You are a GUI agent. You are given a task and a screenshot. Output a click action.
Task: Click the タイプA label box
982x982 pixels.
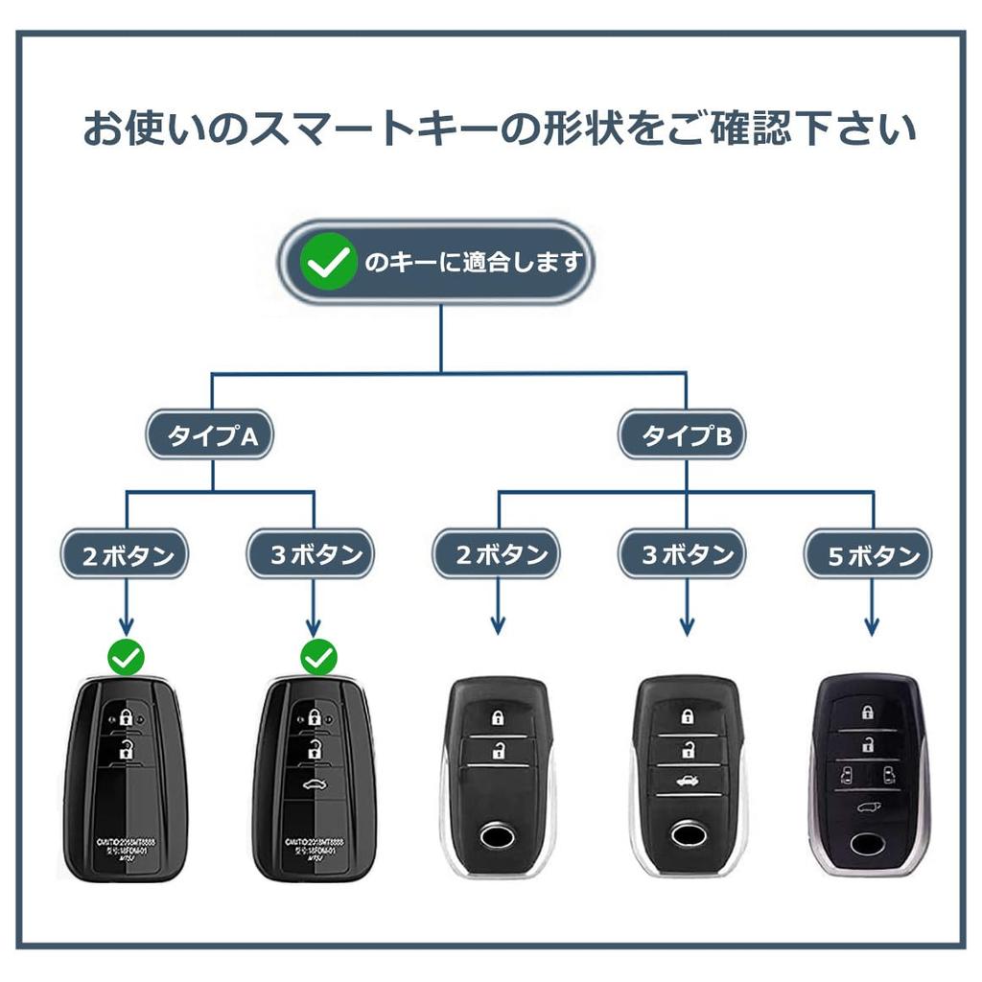coord(208,437)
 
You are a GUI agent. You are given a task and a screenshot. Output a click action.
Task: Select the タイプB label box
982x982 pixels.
coord(681,437)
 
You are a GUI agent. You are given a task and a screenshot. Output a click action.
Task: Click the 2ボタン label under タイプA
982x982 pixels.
coord(125,555)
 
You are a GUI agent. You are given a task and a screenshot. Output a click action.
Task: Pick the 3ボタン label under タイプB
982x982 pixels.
coord(682,555)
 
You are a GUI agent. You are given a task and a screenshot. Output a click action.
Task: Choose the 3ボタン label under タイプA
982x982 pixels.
coord(311,555)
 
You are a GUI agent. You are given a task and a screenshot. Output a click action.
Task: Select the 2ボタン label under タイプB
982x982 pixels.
coord(496,555)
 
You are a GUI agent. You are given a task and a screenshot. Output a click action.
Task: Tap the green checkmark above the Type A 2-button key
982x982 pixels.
coord(126,658)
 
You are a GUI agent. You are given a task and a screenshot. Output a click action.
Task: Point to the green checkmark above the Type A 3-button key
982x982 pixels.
coord(318,658)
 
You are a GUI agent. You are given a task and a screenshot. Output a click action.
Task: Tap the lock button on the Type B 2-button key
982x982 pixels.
coord(498,718)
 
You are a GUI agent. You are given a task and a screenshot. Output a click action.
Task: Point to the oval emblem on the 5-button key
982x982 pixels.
coord(868,842)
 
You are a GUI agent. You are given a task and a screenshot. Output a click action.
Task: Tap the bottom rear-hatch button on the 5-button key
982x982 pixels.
coord(868,807)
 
